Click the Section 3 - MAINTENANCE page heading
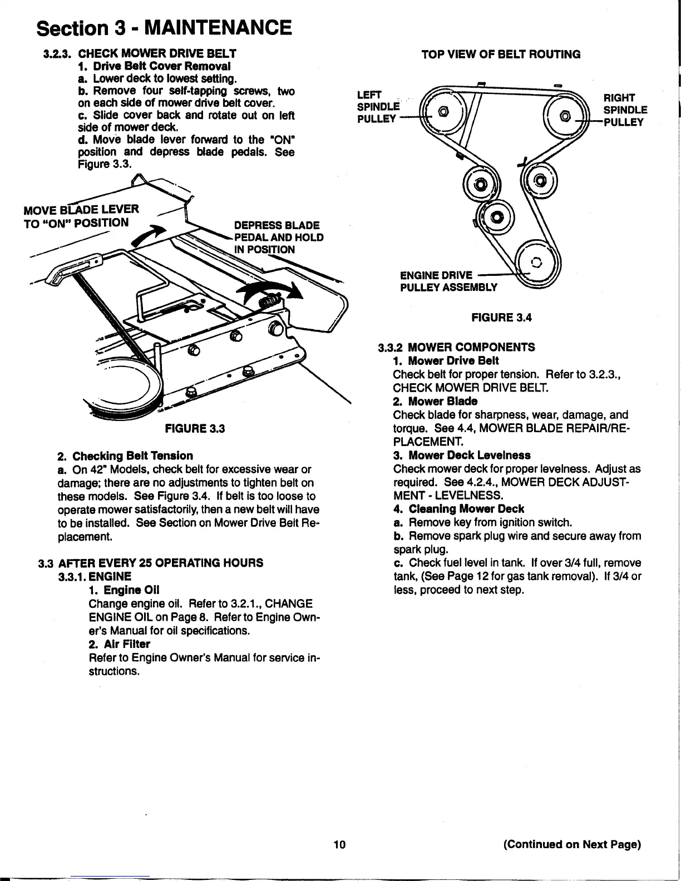point(164,27)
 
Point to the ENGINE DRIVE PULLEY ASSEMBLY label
point(448,281)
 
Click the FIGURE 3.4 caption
point(501,318)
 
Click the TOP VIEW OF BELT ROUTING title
point(501,54)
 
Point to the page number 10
point(339,845)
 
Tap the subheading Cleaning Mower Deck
point(466,508)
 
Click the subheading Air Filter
point(119,644)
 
